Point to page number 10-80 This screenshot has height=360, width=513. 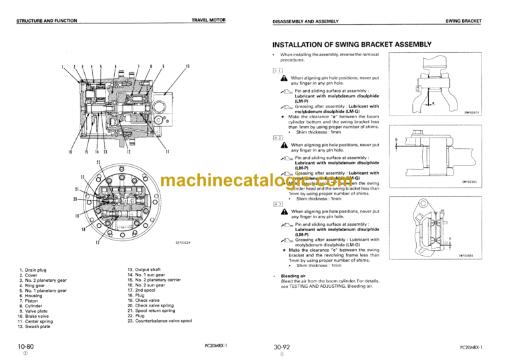point(27,346)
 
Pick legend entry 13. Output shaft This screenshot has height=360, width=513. point(145,269)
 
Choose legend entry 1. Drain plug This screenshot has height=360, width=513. point(37,270)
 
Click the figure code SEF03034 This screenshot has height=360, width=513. point(182,242)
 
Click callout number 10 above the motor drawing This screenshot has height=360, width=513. point(188,66)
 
